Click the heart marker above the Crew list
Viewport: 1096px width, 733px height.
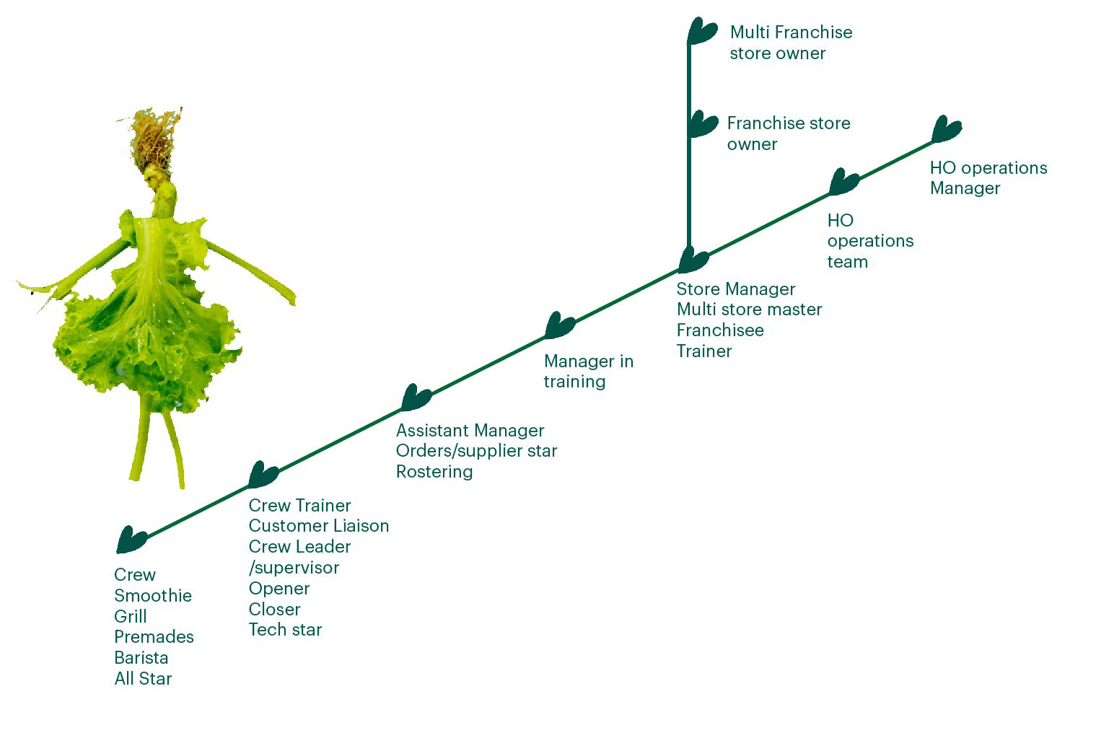[x=131, y=540]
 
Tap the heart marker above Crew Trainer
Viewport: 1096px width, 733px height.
[x=263, y=474]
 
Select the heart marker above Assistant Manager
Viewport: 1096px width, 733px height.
[x=416, y=398]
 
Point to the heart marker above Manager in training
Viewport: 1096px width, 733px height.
[x=559, y=325]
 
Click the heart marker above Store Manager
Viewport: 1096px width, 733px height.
[x=693, y=259]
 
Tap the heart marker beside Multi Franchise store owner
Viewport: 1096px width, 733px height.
[x=702, y=32]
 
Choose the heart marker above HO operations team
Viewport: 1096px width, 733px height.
[x=843, y=182]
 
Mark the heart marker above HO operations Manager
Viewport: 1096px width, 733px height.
[x=946, y=129]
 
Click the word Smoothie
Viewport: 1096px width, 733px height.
[x=153, y=596]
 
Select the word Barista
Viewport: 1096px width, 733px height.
[x=141, y=658]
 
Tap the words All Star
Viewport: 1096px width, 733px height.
[x=143, y=679]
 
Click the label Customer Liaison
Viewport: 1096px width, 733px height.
[x=319, y=526]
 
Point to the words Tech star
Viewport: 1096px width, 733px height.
[x=285, y=630]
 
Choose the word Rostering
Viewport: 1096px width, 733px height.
[x=434, y=472]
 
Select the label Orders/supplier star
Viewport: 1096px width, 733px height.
[x=476, y=451]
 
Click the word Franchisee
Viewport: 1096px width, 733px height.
[x=720, y=330]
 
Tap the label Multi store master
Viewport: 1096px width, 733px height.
[x=749, y=310]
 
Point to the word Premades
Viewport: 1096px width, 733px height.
[x=154, y=637]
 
